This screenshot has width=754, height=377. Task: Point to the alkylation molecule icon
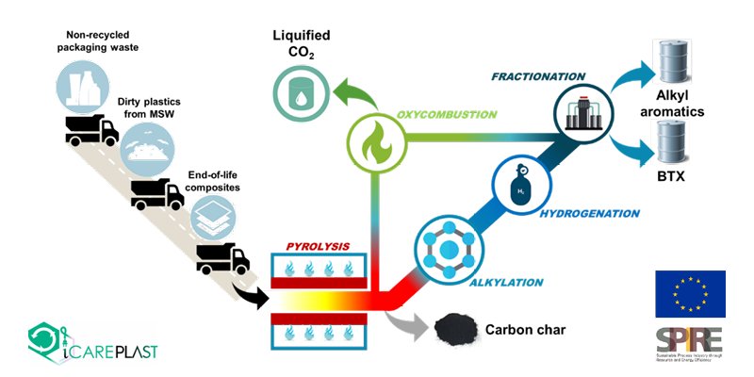coord(447,247)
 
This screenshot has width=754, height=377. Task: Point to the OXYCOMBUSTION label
coord(452,114)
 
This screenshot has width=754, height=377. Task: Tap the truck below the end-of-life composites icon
coord(221,257)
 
